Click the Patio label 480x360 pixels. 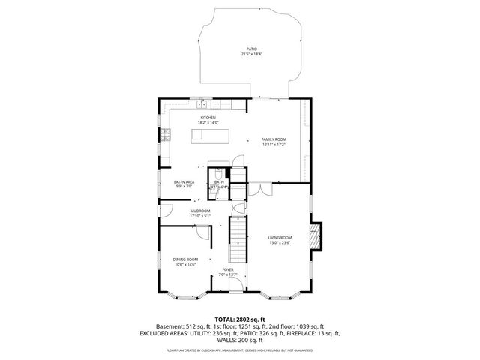coord(251,49)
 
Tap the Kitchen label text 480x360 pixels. coord(208,117)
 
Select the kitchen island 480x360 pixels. coord(207,135)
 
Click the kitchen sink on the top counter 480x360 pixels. coord(204,104)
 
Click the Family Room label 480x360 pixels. coord(273,139)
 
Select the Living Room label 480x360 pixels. coord(279,237)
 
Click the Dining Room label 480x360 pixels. coord(185,259)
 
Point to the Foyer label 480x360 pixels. coord(227,269)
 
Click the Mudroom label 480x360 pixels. coord(199,211)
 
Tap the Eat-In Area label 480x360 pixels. coord(184,182)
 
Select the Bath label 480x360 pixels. coord(219,181)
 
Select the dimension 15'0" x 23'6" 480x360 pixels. coord(279,242)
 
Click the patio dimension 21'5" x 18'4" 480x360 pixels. coord(251,54)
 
